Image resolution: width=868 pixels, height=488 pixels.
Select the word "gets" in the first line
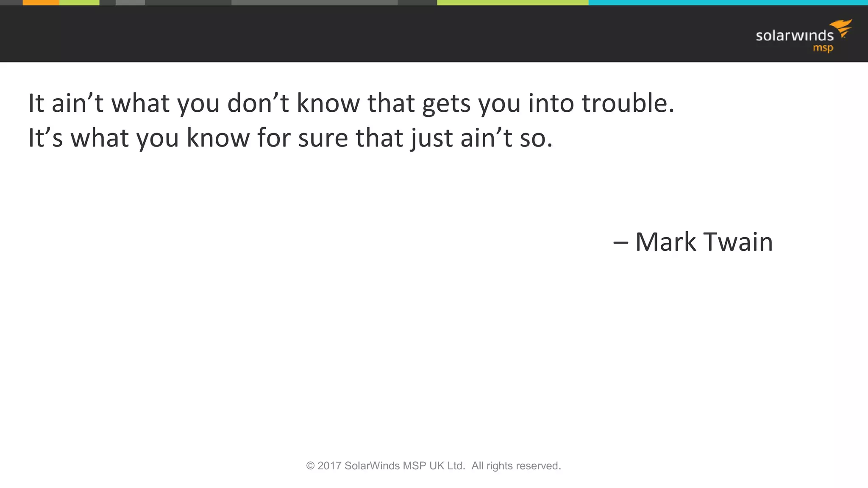[x=446, y=104]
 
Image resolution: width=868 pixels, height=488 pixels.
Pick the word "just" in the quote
[x=431, y=138]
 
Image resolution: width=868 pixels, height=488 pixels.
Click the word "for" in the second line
[x=274, y=138]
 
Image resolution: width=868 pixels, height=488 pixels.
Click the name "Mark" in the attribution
[x=665, y=242]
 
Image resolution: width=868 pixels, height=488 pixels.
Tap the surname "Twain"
[x=738, y=242]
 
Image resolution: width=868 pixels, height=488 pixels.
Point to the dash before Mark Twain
[x=620, y=243]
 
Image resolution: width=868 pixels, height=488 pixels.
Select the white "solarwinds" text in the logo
[x=794, y=36]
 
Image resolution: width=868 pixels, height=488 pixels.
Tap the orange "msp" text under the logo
[x=823, y=48]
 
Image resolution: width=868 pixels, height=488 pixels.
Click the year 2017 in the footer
[x=329, y=466]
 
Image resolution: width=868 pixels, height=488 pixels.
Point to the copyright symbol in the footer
[x=310, y=466]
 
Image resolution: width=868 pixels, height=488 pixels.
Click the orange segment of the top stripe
[x=41, y=3]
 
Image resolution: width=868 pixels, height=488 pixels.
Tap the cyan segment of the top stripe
[x=728, y=3]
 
